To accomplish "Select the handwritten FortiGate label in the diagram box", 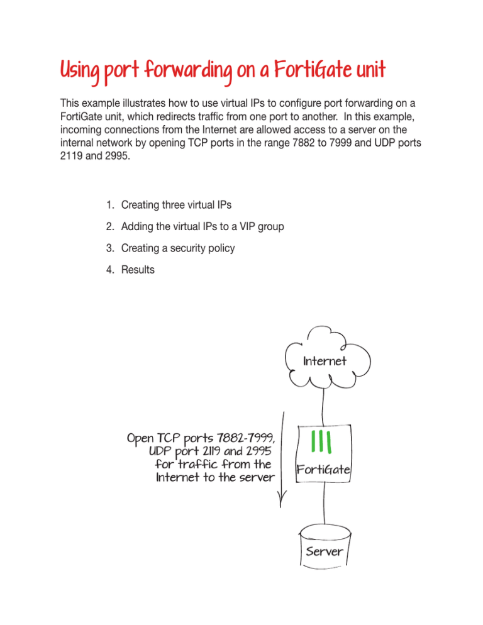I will pyautogui.click(x=324, y=470).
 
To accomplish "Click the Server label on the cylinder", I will pyautogui.click(x=325, y=551).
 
